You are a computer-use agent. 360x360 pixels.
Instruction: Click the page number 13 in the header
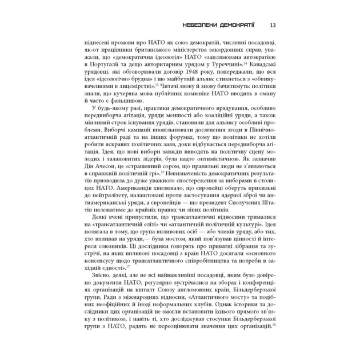[273, 25]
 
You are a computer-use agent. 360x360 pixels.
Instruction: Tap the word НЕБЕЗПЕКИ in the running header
[199, 25]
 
